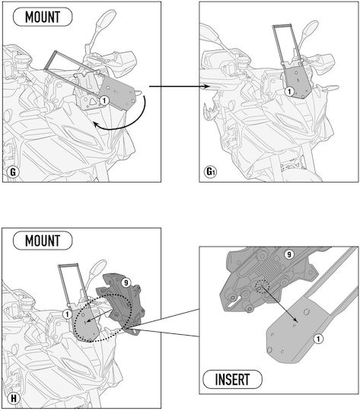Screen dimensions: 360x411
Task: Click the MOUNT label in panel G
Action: (x=43, y=17)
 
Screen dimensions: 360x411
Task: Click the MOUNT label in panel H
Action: (x=43, y=241)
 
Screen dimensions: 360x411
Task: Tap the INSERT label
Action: (x=232, y=379)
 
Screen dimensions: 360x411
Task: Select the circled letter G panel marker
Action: (x=13, y=172)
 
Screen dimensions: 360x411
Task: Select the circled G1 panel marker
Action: (x=210, y=172)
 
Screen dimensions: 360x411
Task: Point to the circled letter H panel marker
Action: (x=13, y=398)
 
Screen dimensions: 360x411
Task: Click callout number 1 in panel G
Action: (x=104, y=100)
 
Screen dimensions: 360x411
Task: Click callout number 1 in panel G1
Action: (x=289, y=91)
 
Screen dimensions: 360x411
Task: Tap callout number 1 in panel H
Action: (x=68, y=314)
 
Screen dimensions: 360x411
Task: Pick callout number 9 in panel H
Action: (x=126, y=282)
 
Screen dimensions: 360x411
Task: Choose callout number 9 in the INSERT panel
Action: (x=289, y=254)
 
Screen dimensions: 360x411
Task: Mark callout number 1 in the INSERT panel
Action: (x=318, y=339)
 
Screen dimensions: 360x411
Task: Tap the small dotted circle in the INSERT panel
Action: (x=261, y=287)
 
